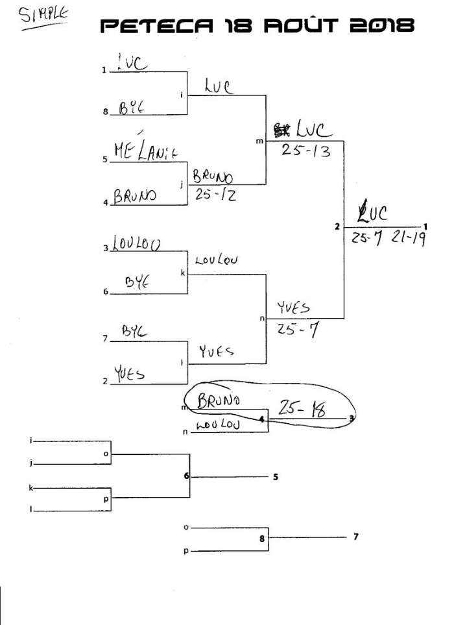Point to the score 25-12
click(214, 193)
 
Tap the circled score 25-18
click(301, 408)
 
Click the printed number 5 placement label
click(276, 477)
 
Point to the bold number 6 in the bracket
click(186, 476)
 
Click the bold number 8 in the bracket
click(262, 538)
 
